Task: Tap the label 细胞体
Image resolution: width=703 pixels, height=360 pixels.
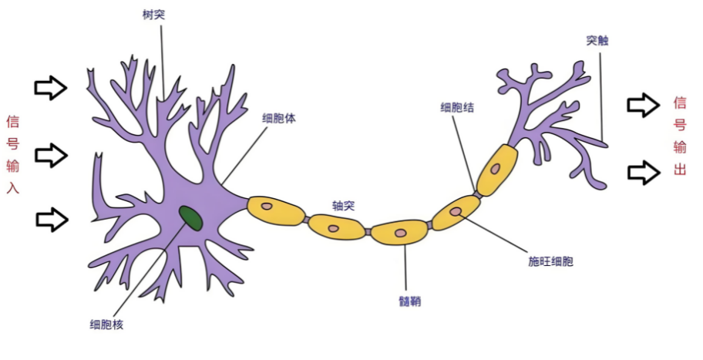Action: coord(277,118)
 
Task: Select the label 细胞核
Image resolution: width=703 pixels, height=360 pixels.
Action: coord(106,325)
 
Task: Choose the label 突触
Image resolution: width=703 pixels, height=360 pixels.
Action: coord(597,40)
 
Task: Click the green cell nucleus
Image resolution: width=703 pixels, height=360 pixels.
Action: coord(191,217)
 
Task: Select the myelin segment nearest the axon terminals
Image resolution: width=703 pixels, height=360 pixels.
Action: coord(496,169)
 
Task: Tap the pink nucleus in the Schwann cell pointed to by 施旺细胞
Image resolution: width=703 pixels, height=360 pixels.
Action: coord(456,210)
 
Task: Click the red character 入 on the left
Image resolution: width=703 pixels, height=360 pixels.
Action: coord(12,187)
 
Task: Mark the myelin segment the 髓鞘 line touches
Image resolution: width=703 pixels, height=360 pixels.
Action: coord(399,231)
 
